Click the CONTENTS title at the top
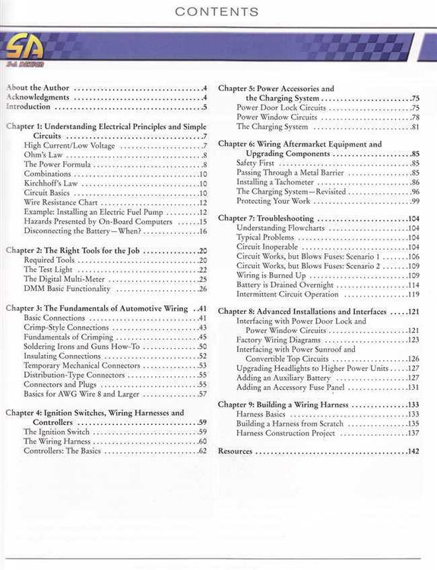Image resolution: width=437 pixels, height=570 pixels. (217, 11)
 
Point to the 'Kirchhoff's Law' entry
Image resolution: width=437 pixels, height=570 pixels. (52, 183)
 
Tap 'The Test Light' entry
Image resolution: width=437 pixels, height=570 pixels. (49, 270)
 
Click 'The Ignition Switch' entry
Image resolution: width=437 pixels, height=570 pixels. (56, 432)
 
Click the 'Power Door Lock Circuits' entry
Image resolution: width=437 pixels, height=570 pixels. (281, 108)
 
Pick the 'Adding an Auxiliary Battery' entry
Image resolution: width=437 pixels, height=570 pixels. (283, 378)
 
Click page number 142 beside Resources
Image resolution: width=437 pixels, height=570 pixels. (413, 451)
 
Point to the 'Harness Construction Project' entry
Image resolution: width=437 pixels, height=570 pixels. (285, 433)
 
